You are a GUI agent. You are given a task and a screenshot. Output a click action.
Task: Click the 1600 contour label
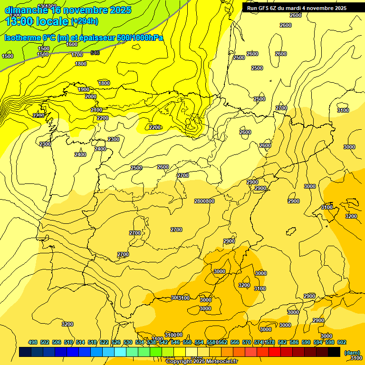[72, 44]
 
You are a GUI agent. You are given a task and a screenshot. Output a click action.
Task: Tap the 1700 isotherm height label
[77, 55]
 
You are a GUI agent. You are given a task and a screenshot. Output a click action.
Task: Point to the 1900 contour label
[84, 89]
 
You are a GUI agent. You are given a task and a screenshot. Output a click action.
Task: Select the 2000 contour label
[91, 96]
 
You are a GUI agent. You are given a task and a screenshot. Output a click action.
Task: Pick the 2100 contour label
[96, 110]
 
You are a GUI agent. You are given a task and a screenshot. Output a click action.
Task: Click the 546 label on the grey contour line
[95, 53]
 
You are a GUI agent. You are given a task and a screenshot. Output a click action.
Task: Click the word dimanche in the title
[24, 10]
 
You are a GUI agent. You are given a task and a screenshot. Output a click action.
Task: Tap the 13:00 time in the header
[21, 21]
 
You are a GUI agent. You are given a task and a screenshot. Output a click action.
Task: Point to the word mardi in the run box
[303, 8]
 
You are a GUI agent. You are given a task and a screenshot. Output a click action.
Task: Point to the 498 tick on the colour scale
[33, 342]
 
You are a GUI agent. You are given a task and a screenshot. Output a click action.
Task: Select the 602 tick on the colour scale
[342, 342]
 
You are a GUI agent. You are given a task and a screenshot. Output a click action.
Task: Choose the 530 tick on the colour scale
[128, 342]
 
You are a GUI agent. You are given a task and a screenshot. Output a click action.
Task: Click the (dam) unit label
[352, 352]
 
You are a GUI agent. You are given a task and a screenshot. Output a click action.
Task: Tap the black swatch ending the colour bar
[334, 352]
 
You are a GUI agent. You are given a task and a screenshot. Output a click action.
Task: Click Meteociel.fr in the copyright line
[221, 362]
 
